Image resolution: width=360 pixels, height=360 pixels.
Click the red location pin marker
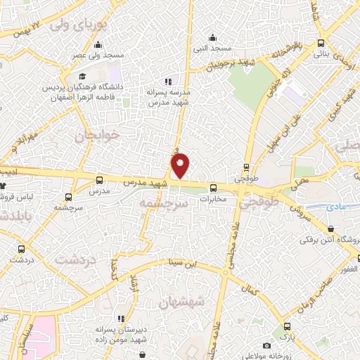point(181,165)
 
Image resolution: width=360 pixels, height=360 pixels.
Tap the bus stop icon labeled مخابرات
point(213,187)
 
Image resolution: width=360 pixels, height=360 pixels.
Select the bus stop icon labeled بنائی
point(321,42)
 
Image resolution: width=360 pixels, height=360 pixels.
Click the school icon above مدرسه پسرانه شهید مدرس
point(167,82)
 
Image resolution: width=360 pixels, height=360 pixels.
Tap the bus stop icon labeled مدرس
point(98,180)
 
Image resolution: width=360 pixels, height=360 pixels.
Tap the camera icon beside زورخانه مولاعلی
point(266,345)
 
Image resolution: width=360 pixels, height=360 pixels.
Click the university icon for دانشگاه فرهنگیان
point(82,77)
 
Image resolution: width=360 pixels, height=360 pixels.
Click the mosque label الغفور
point(349,269)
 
